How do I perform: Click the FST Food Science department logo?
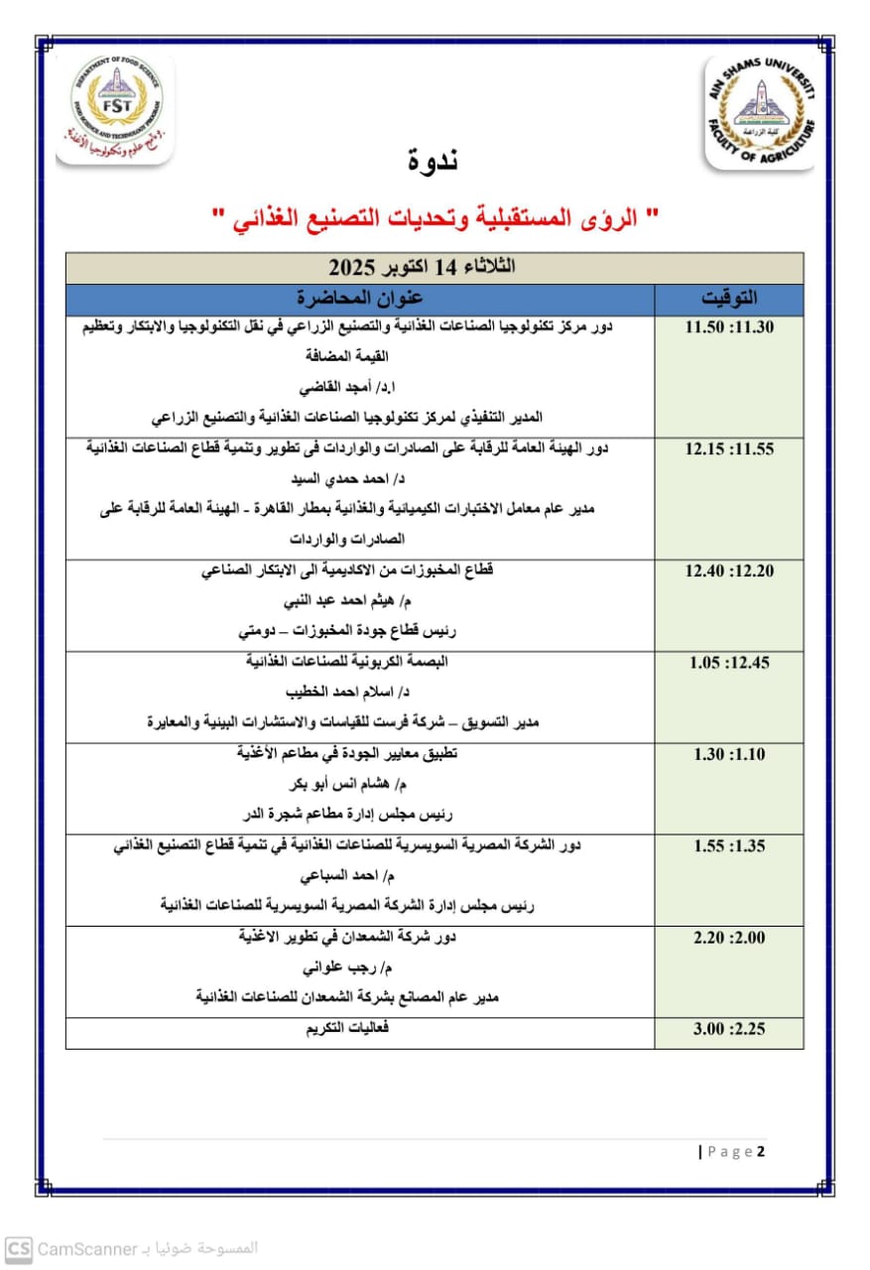click(x=115, y=109)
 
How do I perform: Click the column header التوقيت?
click(x=728, y=299)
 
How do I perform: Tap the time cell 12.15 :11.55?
click(x=728, y=448)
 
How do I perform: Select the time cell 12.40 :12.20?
click(x=728, y=571)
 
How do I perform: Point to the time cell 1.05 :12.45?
click(x=728, y=663)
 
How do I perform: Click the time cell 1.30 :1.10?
click(x=728, y=754)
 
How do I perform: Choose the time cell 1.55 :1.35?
click(x=728, y=846)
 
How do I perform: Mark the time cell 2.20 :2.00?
click(x=728, y=938)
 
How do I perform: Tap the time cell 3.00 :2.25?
click(x=728, y=1030)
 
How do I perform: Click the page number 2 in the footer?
click(x=761, y=1152)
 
